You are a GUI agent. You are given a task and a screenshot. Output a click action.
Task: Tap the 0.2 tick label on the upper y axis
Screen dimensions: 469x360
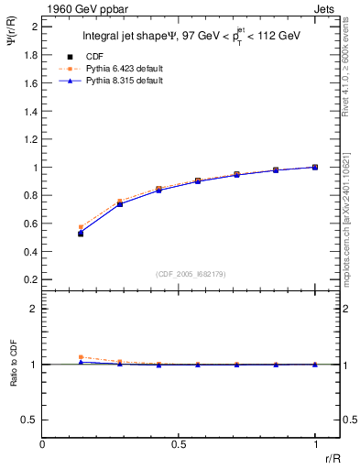click(31, 279)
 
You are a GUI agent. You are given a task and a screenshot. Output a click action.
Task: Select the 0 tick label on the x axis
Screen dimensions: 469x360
click(42, 445)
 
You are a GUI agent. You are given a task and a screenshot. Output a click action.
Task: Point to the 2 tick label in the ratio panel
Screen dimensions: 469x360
click(34, 309)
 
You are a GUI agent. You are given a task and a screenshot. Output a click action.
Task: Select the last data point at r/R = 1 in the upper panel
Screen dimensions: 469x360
click(315, 168)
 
